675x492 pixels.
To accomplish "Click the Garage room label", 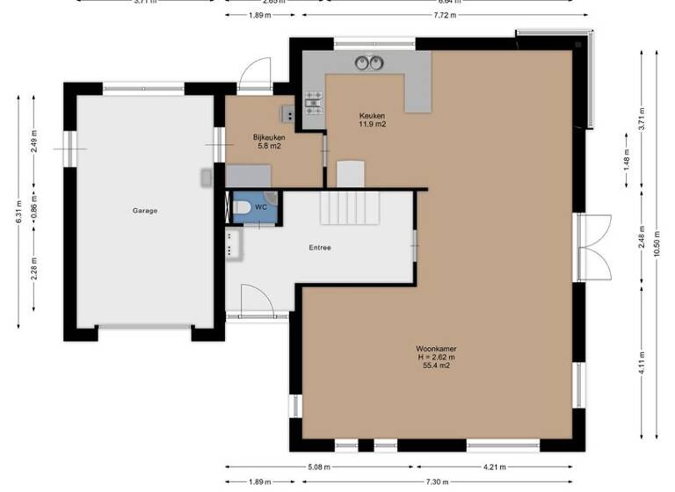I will click(x=145, y=211).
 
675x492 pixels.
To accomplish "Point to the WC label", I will click(x=261, y=207).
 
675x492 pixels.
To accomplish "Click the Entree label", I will click(x=320, y=248).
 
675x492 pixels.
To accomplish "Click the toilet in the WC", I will click(x=240, y=208).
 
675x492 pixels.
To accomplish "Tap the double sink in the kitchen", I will click(x=368, y=62).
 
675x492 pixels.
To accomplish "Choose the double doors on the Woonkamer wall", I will click(x=592, y=247).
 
